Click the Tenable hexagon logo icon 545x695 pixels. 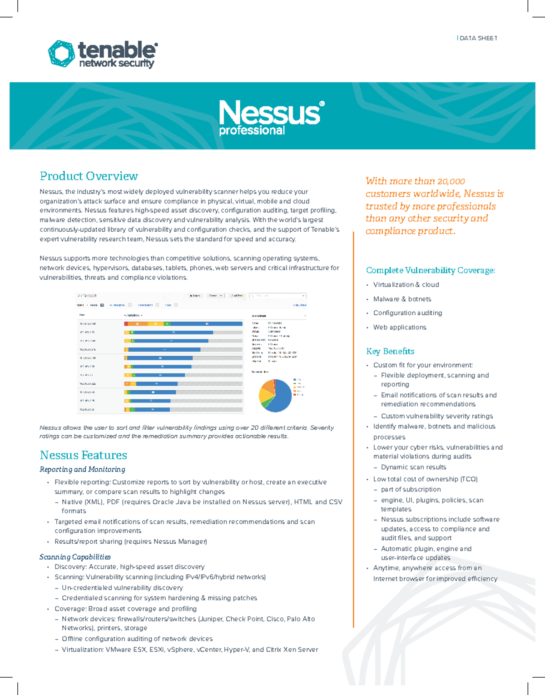tap(61, 54)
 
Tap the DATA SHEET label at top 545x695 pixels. tap(478, 38)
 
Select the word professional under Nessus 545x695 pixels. tap(252, 131)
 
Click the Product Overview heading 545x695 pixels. tap(89, 176)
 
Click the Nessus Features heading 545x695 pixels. tap(83, 455)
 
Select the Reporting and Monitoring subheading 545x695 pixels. tap(82, 469)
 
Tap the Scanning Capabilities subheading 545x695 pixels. tap(75, 557)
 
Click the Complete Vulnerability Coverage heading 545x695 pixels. tap(430, 270)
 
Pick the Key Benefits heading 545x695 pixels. tap(390, 351)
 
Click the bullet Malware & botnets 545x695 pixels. tap(402, 299)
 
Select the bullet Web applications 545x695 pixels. tap(400, 327)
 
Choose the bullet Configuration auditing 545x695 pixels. tap(407, 313)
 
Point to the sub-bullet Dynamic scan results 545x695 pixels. tap(413, 467)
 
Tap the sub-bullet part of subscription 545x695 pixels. tap(411, 489)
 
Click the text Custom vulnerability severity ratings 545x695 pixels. tap(436, 416)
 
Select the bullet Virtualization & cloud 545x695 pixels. tap(406, 285)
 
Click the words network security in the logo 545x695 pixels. tap(117, 64)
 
